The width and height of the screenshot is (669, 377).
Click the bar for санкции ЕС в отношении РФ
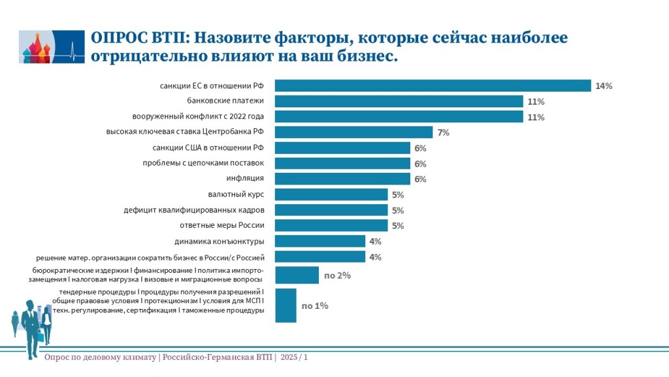[x=432, y=86]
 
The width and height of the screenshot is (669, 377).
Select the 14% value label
[x=603, y=86]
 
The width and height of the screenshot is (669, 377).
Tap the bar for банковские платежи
[x=399, y=101]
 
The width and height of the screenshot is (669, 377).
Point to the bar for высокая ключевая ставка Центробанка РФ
[x=353, y=132]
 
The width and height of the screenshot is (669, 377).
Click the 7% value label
[x=444, y=133]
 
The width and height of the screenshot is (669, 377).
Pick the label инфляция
[x=245, y=179]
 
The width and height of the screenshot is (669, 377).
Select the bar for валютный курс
[x=331, y=194]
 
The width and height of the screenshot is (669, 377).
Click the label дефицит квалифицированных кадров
[x=193, y=210]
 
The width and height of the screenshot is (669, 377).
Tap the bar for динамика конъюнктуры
[x=319, y=241]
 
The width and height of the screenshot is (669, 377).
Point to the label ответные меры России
[x=221, y=226]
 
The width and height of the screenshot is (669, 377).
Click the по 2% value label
[x=338, y=276]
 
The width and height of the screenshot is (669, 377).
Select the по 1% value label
[x=315, y=306]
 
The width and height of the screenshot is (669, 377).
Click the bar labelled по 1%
[x=286, y=306]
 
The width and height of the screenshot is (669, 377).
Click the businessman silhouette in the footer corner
[x=30, y=327]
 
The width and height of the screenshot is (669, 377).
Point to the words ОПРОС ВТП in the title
[x=137, y=38]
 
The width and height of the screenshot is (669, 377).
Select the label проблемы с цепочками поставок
[x=203, y=163]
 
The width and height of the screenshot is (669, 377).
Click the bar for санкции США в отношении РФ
[x=342, y=148]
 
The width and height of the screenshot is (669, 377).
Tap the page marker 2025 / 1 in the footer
[x=294, y=357]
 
